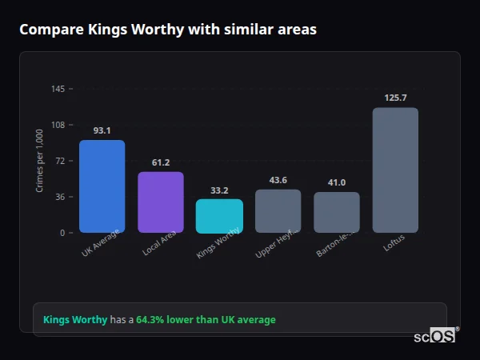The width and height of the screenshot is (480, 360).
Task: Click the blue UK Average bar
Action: coord(102,186)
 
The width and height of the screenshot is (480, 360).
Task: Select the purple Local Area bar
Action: coord(160,202)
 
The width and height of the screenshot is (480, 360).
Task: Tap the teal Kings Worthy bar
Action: coord(219,216)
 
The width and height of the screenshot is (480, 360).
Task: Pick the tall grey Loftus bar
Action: coord(395,170)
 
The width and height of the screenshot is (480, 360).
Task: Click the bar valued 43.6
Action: coord(278,211)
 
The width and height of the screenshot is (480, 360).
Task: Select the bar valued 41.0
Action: coord(337,213)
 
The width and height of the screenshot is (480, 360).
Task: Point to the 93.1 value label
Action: coord(102,130)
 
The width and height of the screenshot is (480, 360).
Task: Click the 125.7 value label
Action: coord(395,98)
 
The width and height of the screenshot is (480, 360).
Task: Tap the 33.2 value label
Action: coord(219,190)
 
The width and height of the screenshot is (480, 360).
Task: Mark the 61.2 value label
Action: coord(160,162)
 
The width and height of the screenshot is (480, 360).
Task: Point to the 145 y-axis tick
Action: coord(58,89)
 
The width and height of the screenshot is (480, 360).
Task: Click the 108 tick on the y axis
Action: coord(58,125)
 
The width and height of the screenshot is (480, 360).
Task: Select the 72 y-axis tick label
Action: coord(60,161)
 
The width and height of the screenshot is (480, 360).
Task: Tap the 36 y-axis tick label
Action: coord(60,197)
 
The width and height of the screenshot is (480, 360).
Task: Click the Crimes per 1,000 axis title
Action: coord(40,161)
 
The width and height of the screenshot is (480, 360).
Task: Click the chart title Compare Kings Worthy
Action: coord(168,30)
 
